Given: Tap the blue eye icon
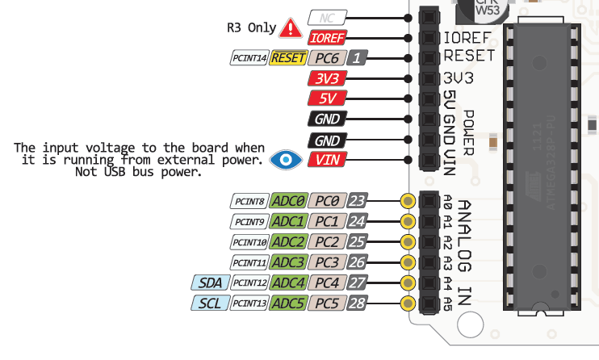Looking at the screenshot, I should (283, 159).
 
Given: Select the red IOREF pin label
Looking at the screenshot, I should (327, 37).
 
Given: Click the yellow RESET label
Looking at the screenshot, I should (288, 58).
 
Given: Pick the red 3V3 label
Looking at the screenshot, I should (327, 79).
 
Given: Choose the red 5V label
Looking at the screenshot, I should (327, 99).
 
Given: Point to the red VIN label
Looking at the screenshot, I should (327, 160).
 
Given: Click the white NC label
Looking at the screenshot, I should (327, 17).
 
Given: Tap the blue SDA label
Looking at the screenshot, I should (209, 283).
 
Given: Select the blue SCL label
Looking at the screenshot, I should (209, 303).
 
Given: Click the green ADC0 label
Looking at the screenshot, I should (288, 201).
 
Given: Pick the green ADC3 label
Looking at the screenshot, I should (288, 262).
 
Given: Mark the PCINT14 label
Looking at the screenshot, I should (249, 58).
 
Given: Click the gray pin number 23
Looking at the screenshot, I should (358, 201).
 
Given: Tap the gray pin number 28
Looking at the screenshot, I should (358, 303).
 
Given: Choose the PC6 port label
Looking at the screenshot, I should (327, 58).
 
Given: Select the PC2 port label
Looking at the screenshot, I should (327, 242).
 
